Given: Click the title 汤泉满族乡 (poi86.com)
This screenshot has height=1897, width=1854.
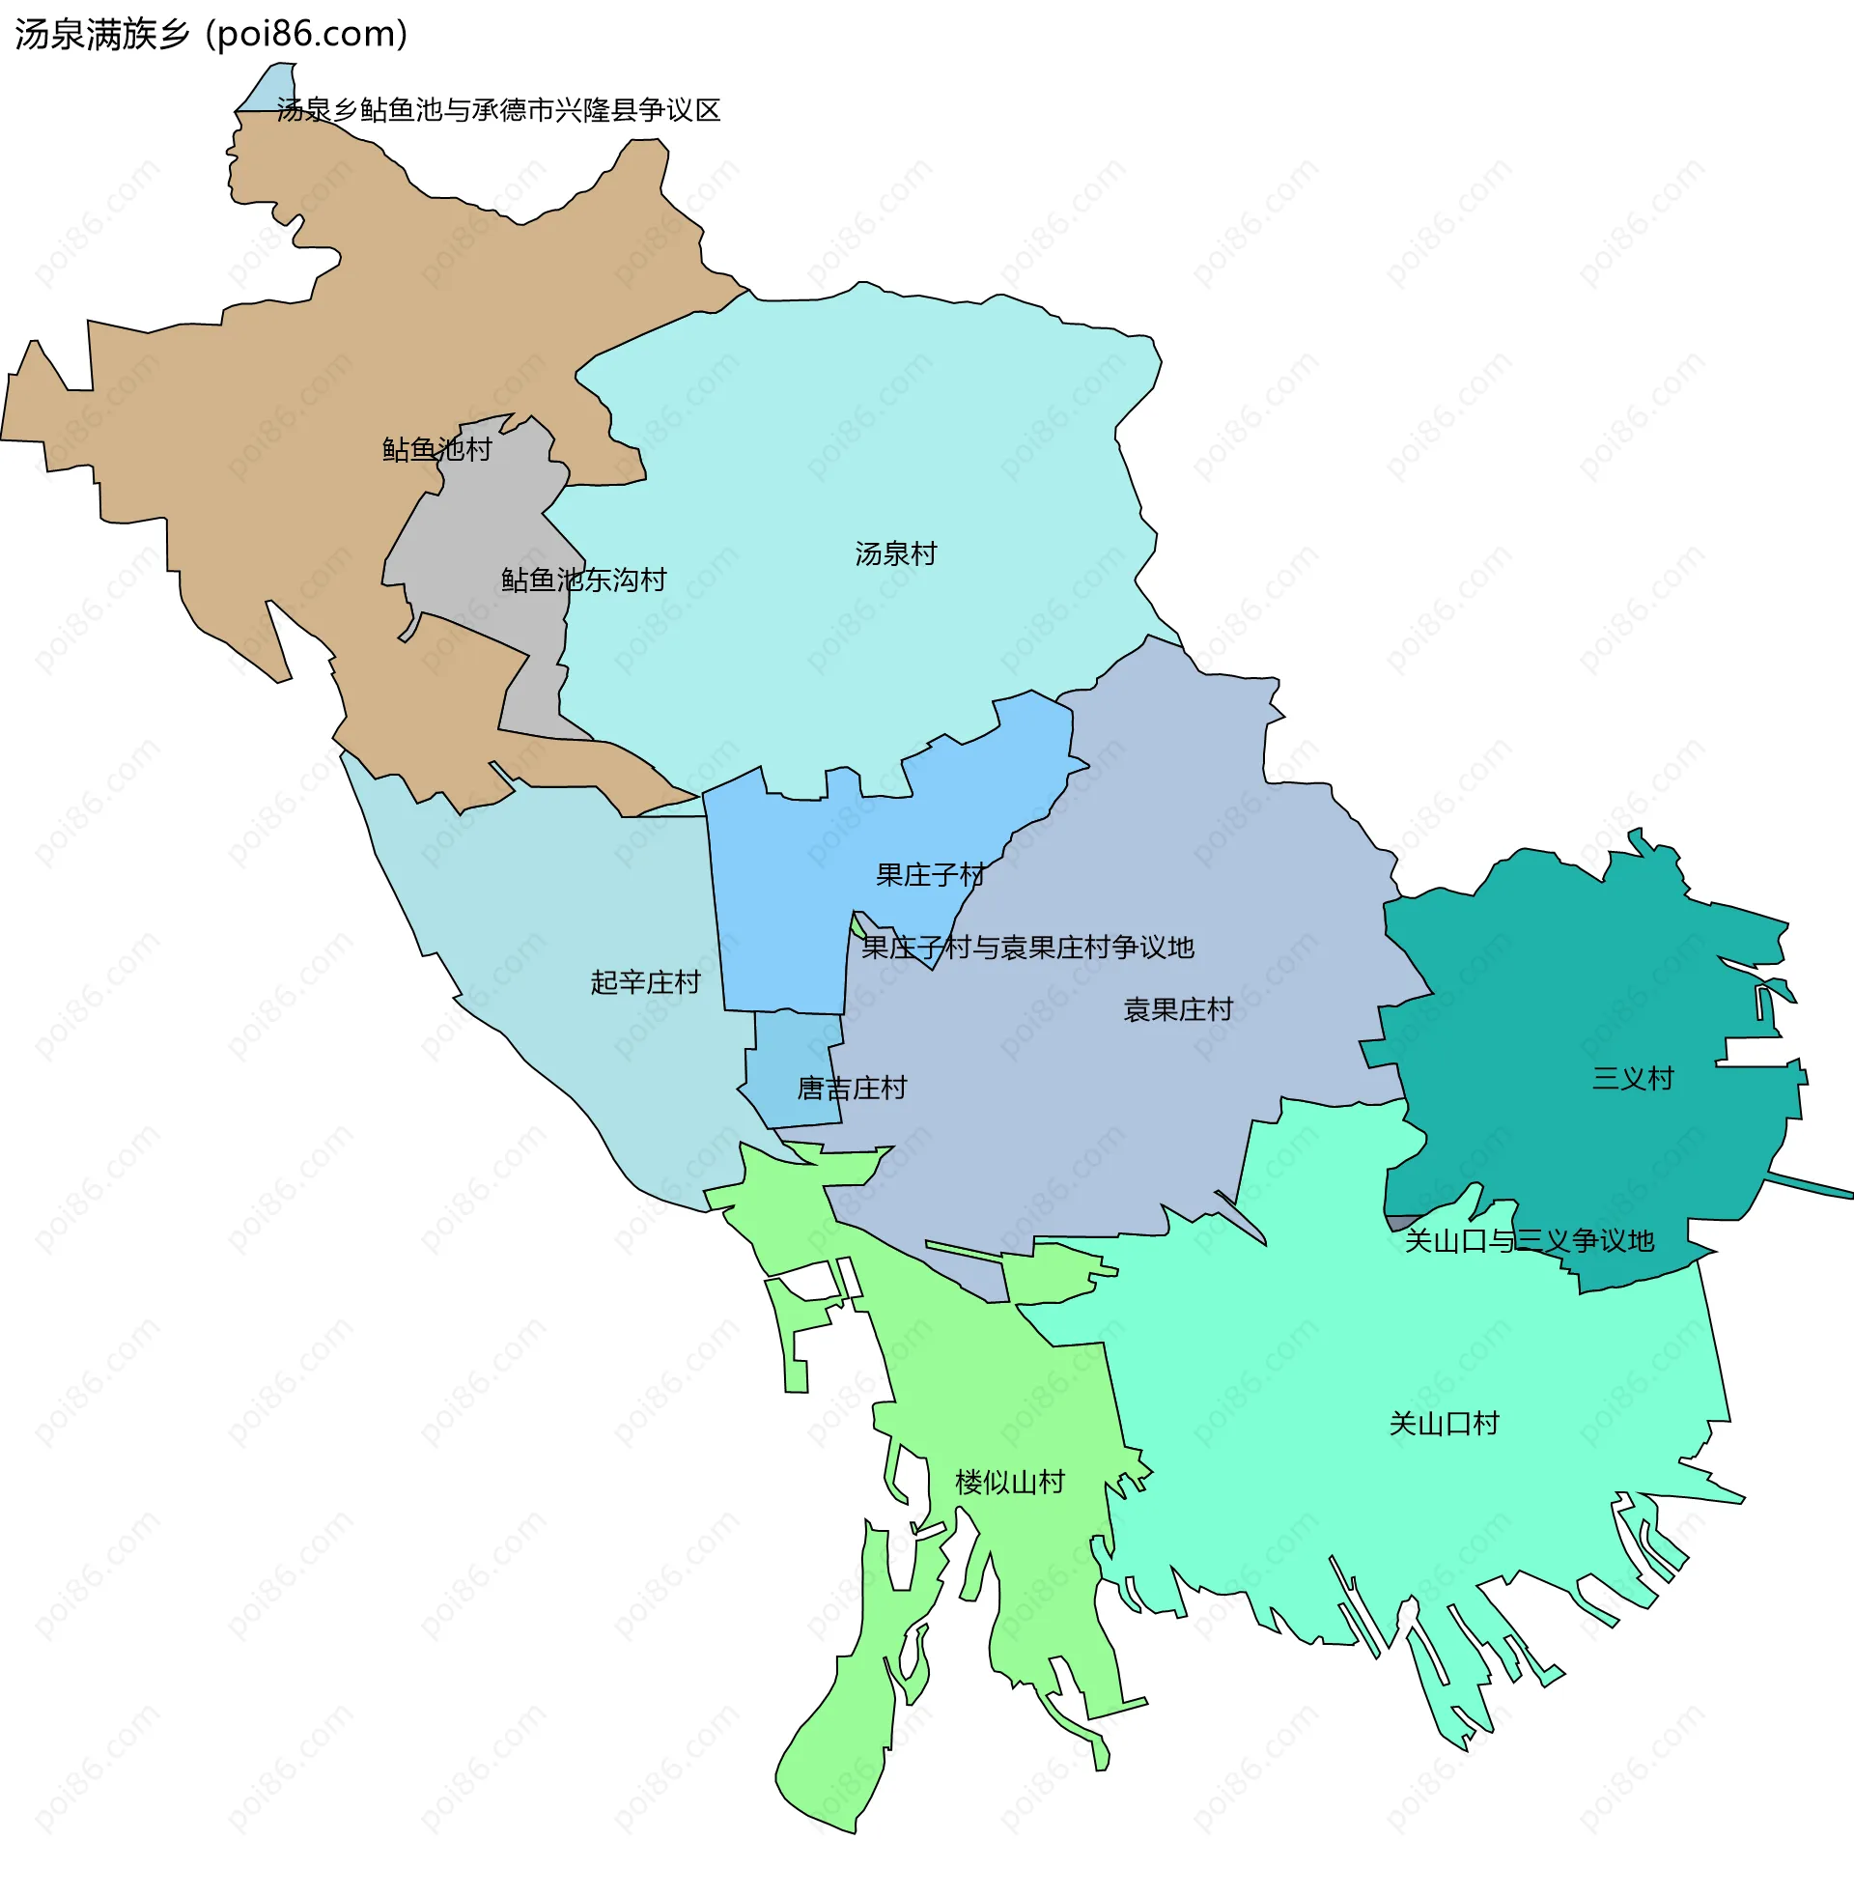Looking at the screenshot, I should (211, 34).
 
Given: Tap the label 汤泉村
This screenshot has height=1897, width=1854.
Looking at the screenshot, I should (895, 554).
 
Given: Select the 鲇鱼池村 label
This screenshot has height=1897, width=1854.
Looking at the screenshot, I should (436, 449).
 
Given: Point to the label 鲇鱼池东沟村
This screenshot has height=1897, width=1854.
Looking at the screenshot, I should (583, 580).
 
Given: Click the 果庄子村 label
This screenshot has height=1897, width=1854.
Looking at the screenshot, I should (930, 874).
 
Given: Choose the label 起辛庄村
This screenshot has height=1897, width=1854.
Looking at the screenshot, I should (645, 981).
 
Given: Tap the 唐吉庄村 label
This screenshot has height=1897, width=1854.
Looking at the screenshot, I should (851, 1088).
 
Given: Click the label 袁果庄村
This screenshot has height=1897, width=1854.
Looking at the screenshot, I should (1177, 1009).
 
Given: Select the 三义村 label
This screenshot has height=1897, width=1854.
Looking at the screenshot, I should (1632, 1078).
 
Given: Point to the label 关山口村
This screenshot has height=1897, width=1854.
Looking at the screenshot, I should (1443, 1424).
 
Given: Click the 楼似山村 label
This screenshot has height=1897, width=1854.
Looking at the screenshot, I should (1010, 1483).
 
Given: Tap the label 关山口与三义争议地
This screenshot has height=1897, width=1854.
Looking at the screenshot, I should (1529, 1240).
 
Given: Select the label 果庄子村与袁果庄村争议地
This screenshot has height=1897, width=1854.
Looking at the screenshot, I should (1027, 947).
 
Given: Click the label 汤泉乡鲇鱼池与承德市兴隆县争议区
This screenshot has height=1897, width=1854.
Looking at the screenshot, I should (498, 110).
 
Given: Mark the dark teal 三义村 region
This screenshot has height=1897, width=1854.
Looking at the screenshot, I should (1578, 974).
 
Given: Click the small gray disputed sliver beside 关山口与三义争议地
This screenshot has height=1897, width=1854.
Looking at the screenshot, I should (1398, 1222).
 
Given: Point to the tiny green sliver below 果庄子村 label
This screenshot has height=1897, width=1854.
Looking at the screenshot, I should (857, 924).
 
